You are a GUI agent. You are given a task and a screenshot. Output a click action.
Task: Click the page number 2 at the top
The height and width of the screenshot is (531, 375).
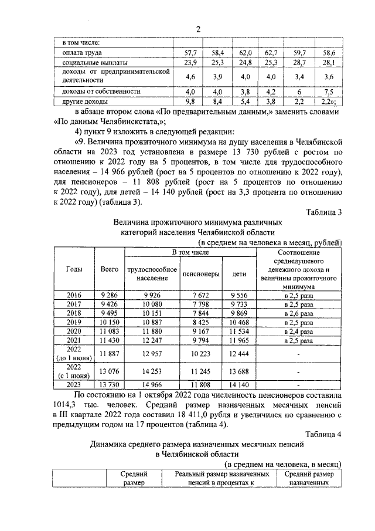pyautogui.click(x=197, y=30)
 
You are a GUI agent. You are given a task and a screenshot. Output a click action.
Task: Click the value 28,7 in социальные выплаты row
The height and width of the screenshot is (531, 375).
pyautogui.click(x=299, y=62)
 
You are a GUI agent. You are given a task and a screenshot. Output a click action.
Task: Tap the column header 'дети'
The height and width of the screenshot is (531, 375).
pyautogui.click(x=239, y=273)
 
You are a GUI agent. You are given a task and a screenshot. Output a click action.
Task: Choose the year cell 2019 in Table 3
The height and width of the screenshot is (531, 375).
pyautogui.click(x=74, y=322)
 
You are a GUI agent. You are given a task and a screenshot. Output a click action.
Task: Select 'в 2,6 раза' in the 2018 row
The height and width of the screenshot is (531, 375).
pyautogui.click(x=299, y=313)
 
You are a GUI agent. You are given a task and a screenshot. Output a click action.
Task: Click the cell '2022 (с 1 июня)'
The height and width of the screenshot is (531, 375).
pyautogui.click(x=74, y=371)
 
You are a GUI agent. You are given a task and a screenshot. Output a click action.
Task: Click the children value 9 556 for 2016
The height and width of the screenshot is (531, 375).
pyautogui.click(x=239, y=295)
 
